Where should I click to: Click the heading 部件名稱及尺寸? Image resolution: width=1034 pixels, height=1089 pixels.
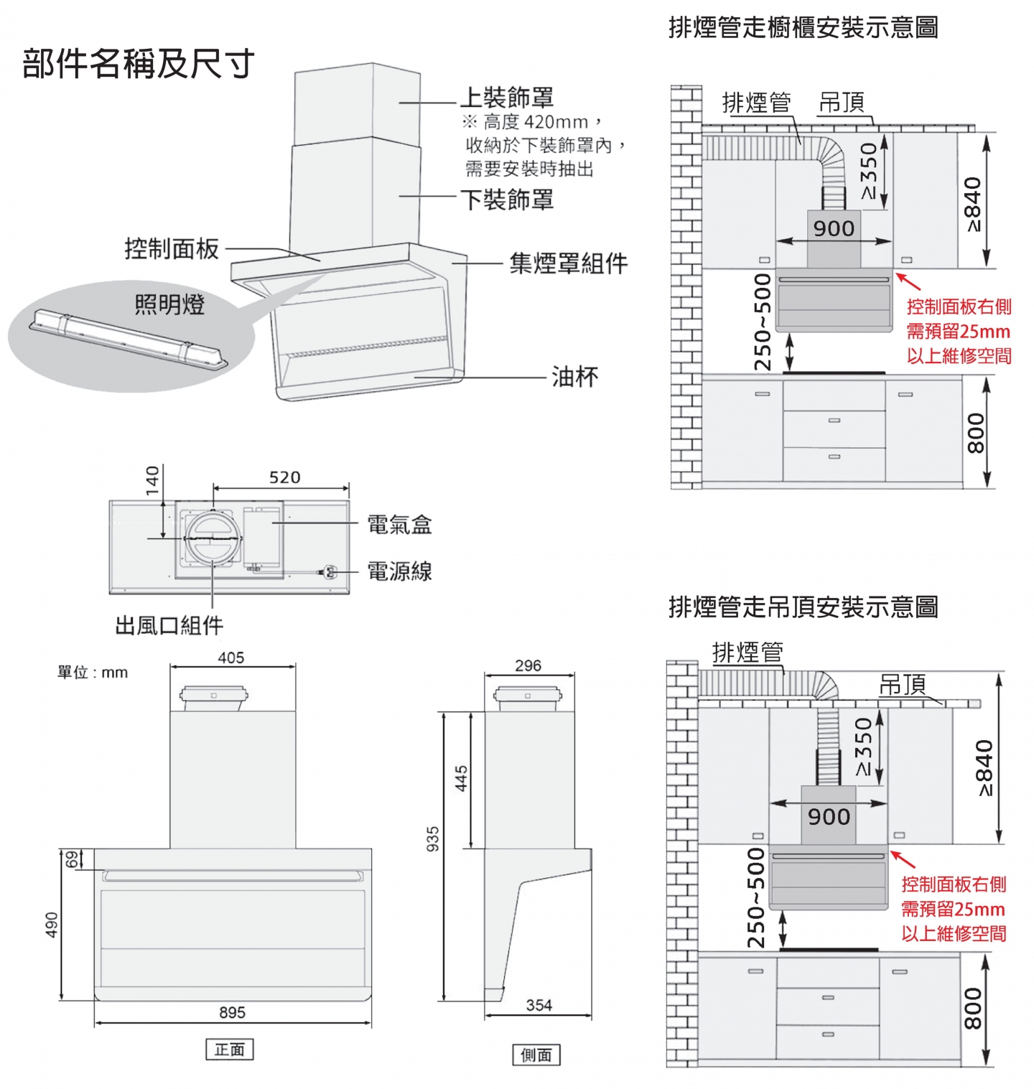pyautogui.click(x=139, y=64)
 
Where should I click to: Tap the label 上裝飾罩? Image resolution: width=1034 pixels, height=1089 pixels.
pyautogui.click(x=507, y=97)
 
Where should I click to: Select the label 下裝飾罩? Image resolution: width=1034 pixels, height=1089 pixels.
pyautogui.click(x=507, y=199)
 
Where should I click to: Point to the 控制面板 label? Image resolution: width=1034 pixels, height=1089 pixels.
pyautogui.click(x=172, y=248)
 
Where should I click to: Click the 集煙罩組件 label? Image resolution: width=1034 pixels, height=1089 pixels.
pyautogui.click(x=568, y=263)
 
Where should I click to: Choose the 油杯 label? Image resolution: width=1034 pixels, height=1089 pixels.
pyautogui.click(x=574, y=377)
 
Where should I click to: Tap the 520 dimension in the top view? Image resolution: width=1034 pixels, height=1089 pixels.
pyautogui.click(x=284, y=477)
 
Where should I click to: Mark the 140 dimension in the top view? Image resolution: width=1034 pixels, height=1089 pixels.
pyautogui.click(x=152, y=481)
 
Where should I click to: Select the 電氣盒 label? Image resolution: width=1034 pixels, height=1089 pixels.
pyautogui.click(x=399, y=525)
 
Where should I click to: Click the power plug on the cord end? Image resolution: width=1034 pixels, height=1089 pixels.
pyautogui.click(x=330, y=572)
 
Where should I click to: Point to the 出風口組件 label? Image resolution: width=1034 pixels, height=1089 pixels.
pyautogui.click(x=169, y=625)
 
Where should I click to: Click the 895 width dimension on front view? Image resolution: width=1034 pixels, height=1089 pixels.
pyautogui.click(x=232, y=1012)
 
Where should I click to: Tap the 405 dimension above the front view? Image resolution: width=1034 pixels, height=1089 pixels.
pyautogui.click(x=231, y=658)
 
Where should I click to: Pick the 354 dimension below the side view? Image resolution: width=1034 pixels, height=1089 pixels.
pyautogui.click(x=539, y=1005)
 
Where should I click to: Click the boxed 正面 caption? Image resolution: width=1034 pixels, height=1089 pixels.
pyautogui.click(x=230, y=1050)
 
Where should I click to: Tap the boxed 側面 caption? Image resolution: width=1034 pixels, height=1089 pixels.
pyautogui.click(x=536, y=1055)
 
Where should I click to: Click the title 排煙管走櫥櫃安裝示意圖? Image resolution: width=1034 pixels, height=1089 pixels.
pyautogui.click(x=804, y=28)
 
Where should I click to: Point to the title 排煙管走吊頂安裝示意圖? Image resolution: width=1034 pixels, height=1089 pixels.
pyautogui.click(x=804, y=607)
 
